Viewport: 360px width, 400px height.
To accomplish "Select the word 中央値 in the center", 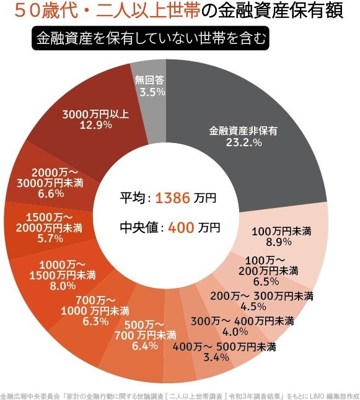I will (x=140, y=227).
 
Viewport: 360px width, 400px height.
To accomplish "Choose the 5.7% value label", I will (x=50, y=238).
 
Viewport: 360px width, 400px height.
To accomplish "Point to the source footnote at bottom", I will (x=180, y=394).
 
